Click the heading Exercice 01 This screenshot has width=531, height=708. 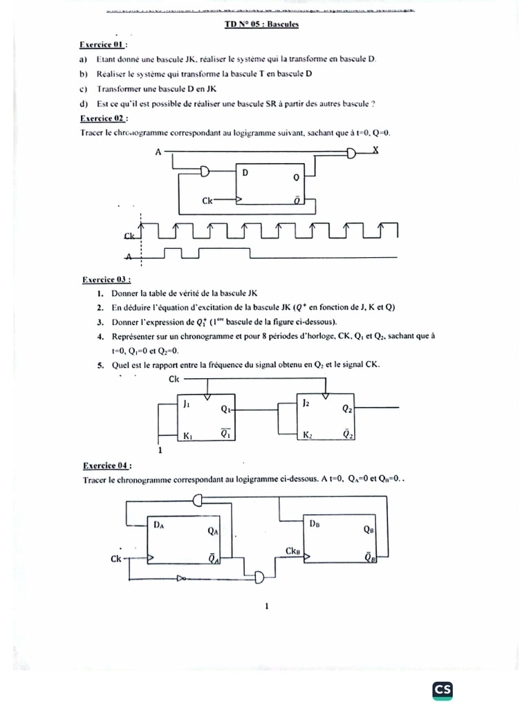[x=104, y=45]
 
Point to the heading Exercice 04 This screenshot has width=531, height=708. [x=106, y=465]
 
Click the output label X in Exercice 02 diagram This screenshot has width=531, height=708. [x=375, y=150]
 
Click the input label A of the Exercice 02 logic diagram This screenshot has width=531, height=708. [x=158, y=151]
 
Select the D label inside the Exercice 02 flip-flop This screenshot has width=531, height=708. [x=245, y=173]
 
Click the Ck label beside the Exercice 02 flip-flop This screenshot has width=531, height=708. [x=208, y=201]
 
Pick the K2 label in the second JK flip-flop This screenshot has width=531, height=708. [x=308, y=436]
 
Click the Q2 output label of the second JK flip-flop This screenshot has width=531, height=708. [x=347, y=409]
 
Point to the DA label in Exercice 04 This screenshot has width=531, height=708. [x=159, y=525]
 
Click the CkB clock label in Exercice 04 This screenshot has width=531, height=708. [x=292, y=551]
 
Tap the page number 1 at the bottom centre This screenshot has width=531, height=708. [x=266, y=607]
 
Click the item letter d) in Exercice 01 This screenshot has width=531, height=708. [x=84, y=104]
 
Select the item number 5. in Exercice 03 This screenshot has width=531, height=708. [x=100, y=364]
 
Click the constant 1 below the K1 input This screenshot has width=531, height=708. [x=160, y=451]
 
